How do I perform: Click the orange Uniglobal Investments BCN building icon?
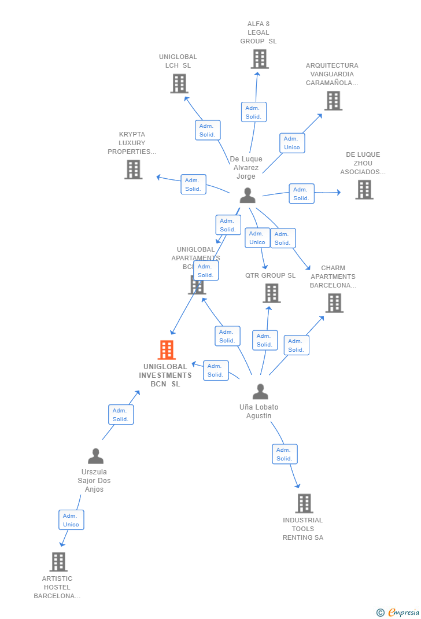167,350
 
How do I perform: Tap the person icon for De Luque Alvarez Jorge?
248,196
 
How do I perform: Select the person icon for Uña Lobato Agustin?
260,392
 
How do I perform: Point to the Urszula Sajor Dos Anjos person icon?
95,456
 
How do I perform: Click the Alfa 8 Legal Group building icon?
260,59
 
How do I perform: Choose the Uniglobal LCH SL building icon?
179,83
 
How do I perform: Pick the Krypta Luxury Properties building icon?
133,170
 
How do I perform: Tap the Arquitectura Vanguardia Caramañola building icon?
333,101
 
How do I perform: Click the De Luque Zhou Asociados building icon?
364,190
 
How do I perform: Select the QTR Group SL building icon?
271,293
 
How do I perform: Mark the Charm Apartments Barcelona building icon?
334,303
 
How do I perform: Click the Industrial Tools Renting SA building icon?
304,503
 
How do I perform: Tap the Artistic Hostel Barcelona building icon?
58,562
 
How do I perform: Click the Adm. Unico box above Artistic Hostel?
71,520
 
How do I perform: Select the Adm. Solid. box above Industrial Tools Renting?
285,454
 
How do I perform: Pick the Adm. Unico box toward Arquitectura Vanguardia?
292,143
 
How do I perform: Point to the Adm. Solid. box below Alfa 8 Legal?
253,112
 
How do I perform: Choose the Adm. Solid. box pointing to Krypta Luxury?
193,185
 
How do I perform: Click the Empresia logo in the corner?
398,612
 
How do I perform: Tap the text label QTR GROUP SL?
270,275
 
